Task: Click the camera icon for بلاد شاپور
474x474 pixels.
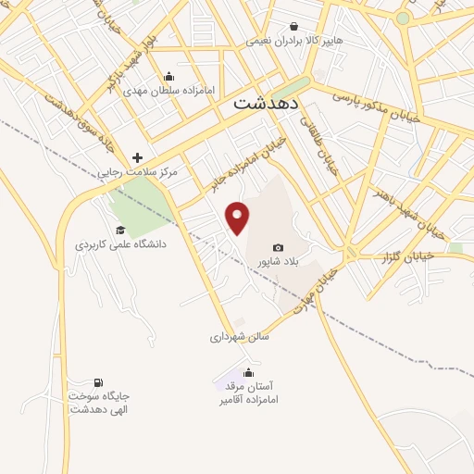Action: pyautogui.click(x=279, y=247)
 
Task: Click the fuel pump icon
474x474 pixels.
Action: pyautogui.click(x=98, y=382)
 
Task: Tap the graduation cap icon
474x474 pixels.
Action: pyautogui.click(x=119, y=230)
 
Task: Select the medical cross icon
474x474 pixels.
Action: pyautogui.click(x=138, y=157)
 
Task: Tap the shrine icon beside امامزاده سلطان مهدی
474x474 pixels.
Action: pyautogui.click(x=168, y=78)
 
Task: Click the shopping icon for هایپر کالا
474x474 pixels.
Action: pyautogui.click(x=293, y=27)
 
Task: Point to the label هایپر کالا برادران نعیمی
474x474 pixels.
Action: pyautogui.click(x=293, y=42)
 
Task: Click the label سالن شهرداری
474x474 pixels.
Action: pyautogui.click(x=239, y=338)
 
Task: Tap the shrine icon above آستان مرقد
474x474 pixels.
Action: pyautogui.click(x=247, y=373)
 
